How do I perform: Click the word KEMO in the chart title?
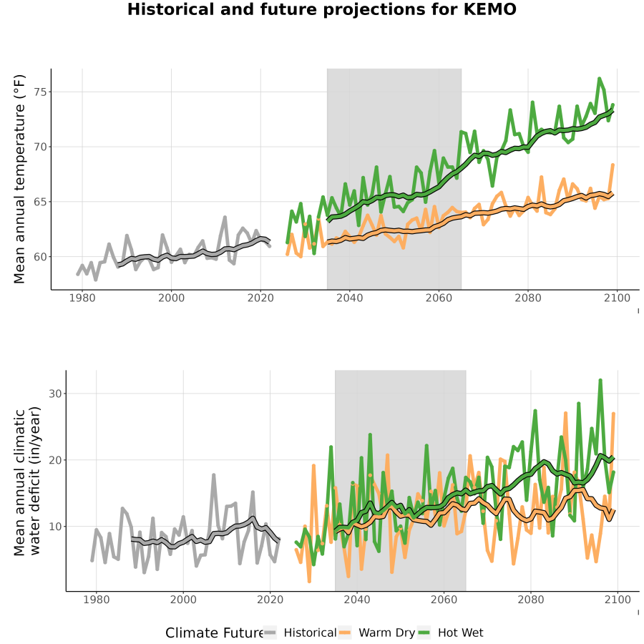click(489, 9)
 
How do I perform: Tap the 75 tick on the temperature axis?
click(40, 92)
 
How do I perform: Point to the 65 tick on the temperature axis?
click(40, 202)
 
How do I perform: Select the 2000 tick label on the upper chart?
click(171, 298)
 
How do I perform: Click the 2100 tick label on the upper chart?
click(617, 298)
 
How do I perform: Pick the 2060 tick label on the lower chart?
click(444, 600)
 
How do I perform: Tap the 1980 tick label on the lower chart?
click(97, 600)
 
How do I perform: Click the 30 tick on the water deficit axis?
click(55, 394)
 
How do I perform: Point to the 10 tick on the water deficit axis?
click(55, 526)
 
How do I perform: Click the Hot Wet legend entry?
click(451, 633)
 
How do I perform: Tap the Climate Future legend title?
click(214, 633)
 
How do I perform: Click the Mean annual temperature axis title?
click(19, 179)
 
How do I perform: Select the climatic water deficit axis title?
click(26, 481)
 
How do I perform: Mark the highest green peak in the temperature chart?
click(599, 78)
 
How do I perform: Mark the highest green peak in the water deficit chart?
click(600, 380)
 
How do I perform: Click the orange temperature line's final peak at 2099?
click(613, 165)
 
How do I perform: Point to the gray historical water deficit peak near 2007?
click(213, 475)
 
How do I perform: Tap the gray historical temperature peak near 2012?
click(225, 217)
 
